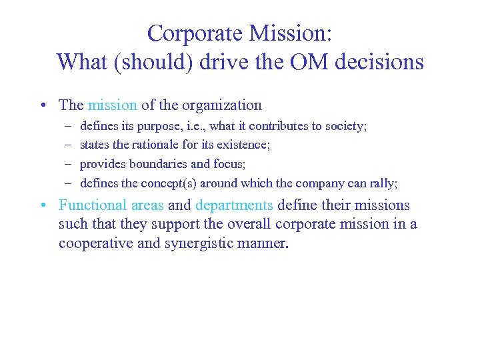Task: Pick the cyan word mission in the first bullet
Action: click(112, 105)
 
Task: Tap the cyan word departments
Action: click(234, 205)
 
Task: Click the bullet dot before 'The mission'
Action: click(42, 105)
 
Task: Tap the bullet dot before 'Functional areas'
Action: click(42, 206)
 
